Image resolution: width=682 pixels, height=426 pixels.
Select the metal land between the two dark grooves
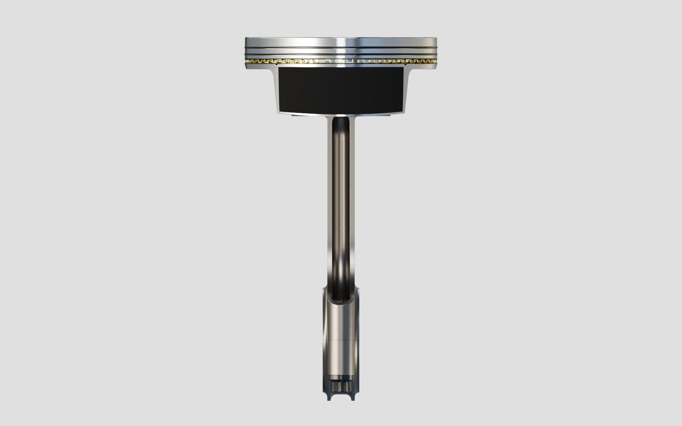tap(302, 51)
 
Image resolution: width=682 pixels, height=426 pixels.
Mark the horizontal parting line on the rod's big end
tap(341, 340)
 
